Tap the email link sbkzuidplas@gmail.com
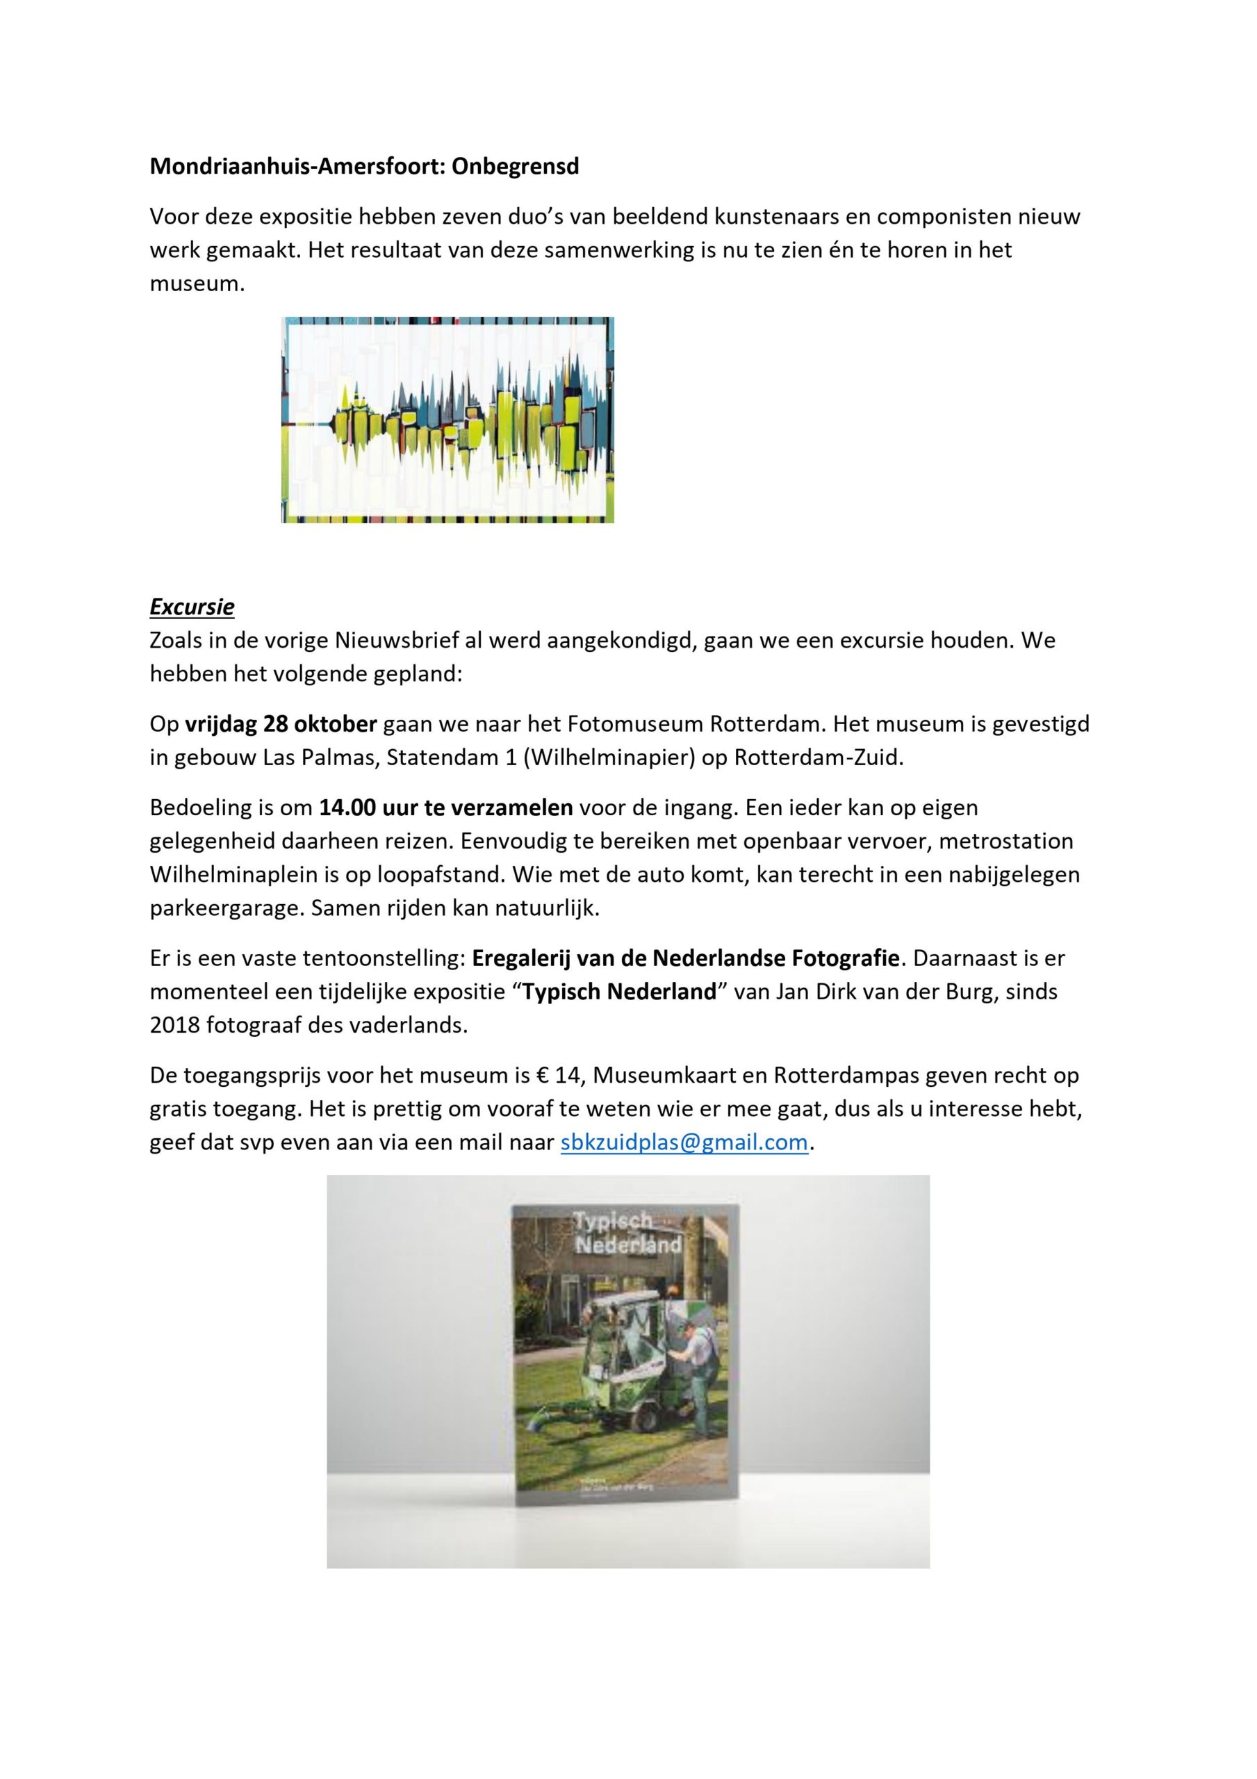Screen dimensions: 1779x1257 click(684, 1143)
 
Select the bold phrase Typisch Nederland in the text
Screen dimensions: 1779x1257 click(619, 992)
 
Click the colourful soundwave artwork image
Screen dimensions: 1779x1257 click(447, 419)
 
